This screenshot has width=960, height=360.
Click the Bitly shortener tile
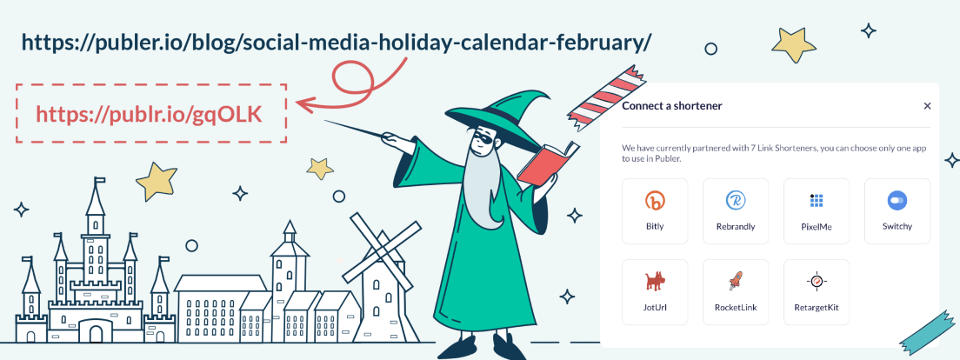[655, 211]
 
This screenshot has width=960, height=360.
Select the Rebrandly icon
[736, 200]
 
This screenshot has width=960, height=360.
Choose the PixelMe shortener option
[817, 211]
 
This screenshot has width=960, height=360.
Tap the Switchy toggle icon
[897, 200]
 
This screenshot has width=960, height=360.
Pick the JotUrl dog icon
[655, 281]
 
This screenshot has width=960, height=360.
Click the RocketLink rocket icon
[736, 281]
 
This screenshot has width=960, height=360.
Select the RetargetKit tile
[817, 292]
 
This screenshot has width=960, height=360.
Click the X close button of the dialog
[927, 106]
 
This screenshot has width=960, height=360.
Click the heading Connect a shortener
[671, 106]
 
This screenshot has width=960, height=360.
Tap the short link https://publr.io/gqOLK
[149, 115]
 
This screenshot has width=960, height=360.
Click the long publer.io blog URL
[337, 43]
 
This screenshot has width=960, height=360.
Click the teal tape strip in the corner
[930, 334]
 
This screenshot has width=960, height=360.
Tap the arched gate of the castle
[96, 333]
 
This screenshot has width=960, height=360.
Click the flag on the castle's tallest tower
[100, 181]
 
